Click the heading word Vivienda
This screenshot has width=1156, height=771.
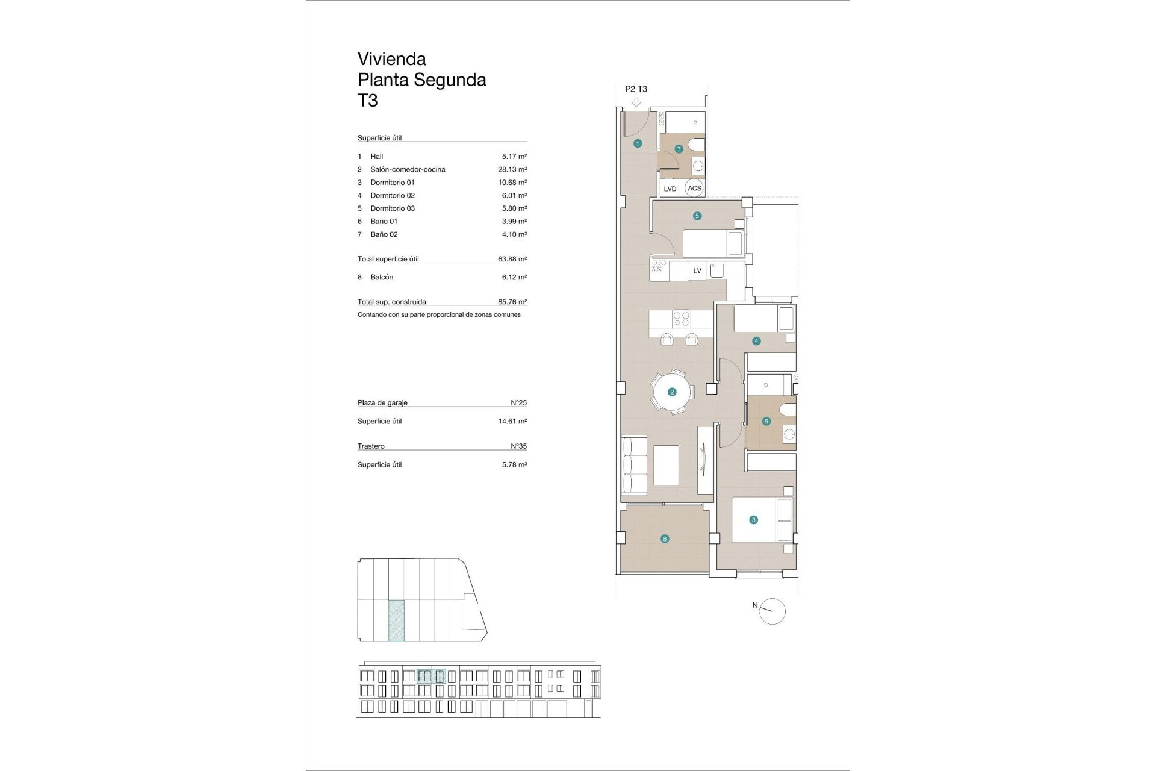pos(391,59)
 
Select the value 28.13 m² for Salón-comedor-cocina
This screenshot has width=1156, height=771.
pos(512,169)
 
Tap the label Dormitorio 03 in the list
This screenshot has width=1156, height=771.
pos(392,208)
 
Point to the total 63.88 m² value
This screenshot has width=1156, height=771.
pos(512,259)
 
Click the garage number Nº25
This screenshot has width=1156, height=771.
pos(518,402)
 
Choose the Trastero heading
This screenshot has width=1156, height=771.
pos(371,446)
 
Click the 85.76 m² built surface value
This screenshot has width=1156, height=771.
pos(512,302)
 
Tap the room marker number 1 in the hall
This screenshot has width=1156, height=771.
pos(638,143)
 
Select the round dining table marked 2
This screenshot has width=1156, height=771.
pos(672,392)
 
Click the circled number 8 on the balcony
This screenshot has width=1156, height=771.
pos(665,539)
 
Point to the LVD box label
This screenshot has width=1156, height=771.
pos(670,189)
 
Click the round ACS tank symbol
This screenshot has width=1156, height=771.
pos(694,188)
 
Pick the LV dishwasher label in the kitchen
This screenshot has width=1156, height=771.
pos(697,271)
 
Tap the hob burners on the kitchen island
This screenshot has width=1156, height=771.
pos(681,319)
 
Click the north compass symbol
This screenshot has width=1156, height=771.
pos(772,611)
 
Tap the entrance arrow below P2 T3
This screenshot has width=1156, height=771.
pos(636,103)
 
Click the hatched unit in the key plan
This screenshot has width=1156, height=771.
pos(396,619)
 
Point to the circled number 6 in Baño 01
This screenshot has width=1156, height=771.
pos(766,422)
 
